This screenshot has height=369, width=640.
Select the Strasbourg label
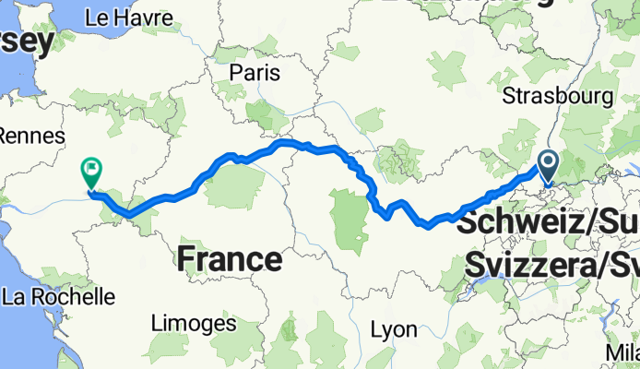point(557,96)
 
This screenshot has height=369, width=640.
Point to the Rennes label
point(30,136)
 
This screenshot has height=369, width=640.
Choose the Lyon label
point(393,329)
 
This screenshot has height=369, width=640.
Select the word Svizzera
point(527,266)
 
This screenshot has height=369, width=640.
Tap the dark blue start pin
point(548,166)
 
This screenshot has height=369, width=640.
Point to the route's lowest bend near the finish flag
point(128,214)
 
